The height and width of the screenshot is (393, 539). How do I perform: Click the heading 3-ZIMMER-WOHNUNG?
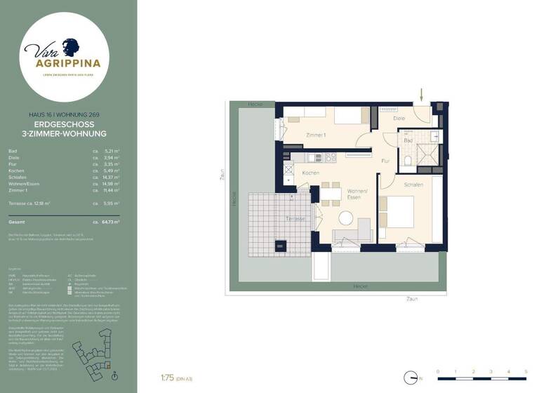65,133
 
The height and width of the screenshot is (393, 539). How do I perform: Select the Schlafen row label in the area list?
18,177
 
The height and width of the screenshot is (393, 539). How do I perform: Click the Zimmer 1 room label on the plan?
316,135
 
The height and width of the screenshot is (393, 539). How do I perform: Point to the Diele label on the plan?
399,119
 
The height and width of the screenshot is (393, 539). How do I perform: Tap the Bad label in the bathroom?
408,140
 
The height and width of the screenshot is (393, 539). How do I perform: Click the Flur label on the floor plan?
385,161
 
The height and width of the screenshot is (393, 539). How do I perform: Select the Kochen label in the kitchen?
311,173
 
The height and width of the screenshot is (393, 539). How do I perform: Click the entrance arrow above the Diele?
422,94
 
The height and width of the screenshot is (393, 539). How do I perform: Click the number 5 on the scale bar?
526,371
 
